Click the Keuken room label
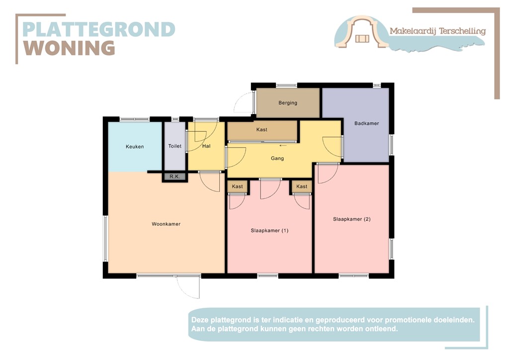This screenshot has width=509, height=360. click(135, 147)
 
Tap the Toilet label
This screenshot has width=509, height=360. click(175, 146)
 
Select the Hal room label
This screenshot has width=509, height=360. click(207, 146)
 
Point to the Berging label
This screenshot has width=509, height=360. click(288, 103)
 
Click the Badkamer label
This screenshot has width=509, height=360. click(367, 123)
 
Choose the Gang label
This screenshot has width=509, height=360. click(277, 159)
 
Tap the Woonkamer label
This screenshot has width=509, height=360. click(166, 224)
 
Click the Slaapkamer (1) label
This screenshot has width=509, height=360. click(269, 231)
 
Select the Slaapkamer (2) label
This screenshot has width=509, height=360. click(352, 219)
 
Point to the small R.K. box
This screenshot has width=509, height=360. click(174, 177)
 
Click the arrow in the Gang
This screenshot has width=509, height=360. click(283, 146)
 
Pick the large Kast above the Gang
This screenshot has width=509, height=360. click(262, 130)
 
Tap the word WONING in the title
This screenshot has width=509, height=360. click(70, 48)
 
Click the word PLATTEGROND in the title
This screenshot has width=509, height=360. click(99, 29)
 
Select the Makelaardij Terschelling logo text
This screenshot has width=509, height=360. click(437, 31)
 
